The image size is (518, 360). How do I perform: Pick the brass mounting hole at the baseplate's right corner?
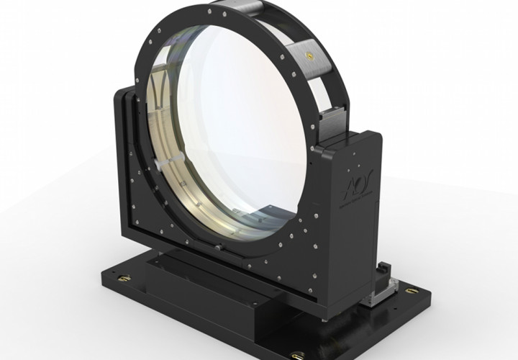click(x=411, y=292)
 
